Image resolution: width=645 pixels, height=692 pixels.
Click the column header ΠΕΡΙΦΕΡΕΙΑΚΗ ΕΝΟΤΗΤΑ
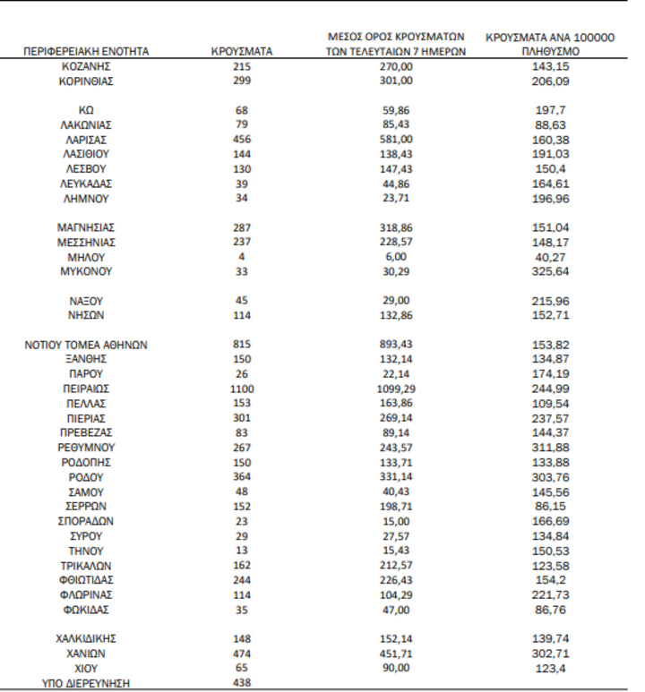point(86,52)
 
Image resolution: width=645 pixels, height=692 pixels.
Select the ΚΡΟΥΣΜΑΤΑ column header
point(242,52)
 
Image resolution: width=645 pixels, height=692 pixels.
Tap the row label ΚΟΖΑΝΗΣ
point(86,66)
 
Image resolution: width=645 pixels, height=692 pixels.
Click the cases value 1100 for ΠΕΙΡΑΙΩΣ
point(242,389)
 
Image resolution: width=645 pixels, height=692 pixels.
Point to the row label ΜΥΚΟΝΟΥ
point(86,271)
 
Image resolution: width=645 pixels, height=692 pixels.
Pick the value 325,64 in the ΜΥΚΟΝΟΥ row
point(551,271)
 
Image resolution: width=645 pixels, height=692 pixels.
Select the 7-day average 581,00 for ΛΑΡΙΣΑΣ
point(395,140)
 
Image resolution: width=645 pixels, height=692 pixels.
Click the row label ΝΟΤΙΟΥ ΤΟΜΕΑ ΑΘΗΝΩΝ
point(86,345)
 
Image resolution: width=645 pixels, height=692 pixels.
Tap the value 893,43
point(395,345)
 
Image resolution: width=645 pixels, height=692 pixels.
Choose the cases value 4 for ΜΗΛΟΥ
point(242,257)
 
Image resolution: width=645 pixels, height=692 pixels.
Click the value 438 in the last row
point(242,683)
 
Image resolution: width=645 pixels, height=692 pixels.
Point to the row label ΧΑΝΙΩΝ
point(86,654)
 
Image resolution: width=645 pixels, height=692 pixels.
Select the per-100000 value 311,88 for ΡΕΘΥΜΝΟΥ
point(551,447)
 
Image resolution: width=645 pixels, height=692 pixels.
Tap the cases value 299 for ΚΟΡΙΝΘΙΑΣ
point(242,81)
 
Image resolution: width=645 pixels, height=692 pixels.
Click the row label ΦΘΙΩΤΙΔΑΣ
point(86,580)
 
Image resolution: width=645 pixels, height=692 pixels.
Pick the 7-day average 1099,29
point(395,389)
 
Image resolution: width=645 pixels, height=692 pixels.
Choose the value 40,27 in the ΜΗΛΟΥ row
point(551,257)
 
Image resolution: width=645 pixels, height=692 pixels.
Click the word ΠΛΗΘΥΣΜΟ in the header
point(551,53)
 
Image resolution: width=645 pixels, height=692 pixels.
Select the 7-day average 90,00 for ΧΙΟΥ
point(395,668)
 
